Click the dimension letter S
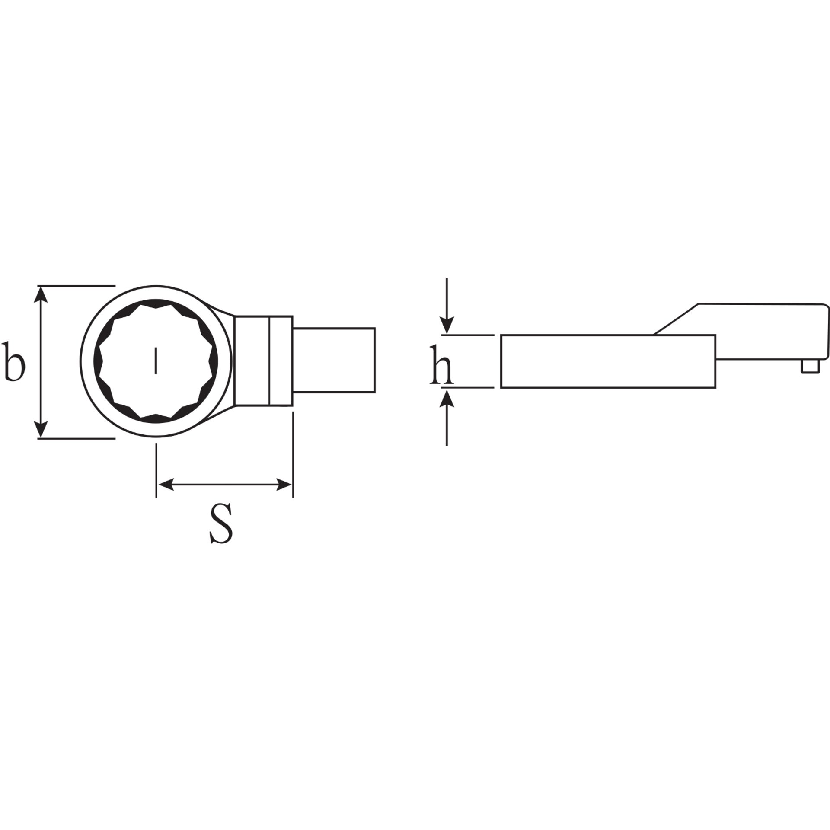(x=221, y=523)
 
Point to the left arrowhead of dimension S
(x=165, y=485)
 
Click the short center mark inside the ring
(x=156, y=361)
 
